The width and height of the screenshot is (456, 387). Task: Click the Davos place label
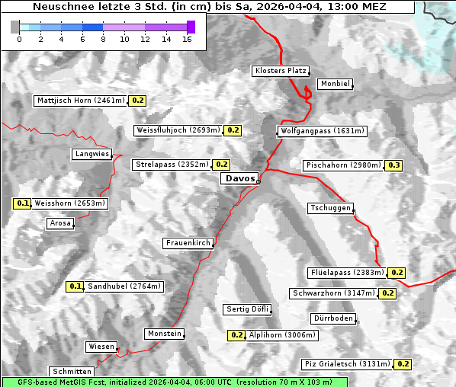(239, 178)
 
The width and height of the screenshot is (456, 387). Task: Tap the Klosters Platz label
(280, 71)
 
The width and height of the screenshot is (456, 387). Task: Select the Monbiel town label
(335, 84)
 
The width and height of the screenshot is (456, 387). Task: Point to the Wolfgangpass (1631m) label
(315, 131)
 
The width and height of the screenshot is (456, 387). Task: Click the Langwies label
(92, 154)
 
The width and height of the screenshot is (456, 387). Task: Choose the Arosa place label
(60, 223)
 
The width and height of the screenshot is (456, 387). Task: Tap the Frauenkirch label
(188, 243)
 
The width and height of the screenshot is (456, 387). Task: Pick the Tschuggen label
(330, 208)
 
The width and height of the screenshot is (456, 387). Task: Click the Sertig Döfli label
(247, 309)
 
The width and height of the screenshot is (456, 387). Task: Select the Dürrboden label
(332, 318)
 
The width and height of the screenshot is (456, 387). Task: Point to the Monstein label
(165, 334)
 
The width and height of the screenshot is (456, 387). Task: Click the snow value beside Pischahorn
(394, 165)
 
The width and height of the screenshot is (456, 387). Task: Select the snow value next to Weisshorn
(22, 203)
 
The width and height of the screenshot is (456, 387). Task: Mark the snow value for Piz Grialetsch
(403, 364)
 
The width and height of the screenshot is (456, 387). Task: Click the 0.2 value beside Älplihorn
(236, 334)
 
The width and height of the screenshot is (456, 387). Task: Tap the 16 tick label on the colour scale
(187, 38)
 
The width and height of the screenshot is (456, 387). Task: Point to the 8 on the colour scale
(103, 38)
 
